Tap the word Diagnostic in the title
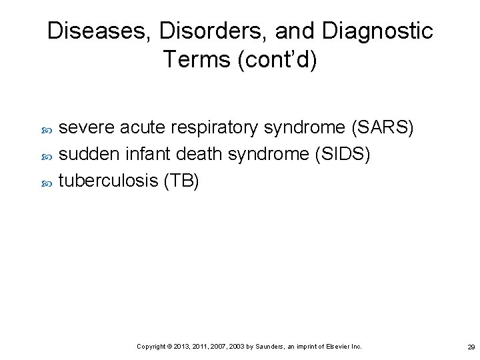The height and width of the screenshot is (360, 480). pos(377,31)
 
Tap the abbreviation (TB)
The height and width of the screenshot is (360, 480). pos(181,181)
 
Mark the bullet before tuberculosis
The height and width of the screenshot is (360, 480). pos(47,182)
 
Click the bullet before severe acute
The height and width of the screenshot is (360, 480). pos(47,129)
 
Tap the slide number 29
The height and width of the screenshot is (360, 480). pos(471,347)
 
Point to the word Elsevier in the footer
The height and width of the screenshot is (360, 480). pos(338,347)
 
